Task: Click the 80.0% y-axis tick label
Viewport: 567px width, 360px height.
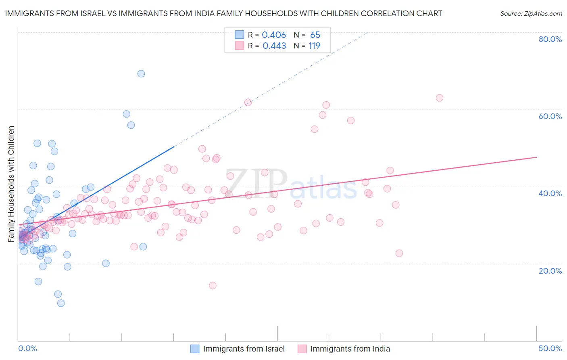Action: click(550, 39)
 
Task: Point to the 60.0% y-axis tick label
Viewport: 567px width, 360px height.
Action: click(550, 116)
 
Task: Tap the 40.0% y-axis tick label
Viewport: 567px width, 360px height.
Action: click(550, 193)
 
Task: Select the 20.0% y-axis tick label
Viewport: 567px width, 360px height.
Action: click(550, 270)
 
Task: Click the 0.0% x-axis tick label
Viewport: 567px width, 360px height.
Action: click(27, 348)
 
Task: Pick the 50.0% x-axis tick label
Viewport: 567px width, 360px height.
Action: click(550, 348)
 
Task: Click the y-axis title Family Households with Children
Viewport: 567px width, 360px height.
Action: click(11, 184)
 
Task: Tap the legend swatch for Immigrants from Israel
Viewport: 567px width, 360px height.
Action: click(195, 349)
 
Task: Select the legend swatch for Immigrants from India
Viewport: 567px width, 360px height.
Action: click(302, 349)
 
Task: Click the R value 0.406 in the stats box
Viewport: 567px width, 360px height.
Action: click(274, 35)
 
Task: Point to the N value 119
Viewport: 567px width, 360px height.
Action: click(315, 46)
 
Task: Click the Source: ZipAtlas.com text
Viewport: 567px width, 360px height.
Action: click(531, 14)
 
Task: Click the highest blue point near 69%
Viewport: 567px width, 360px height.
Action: click(141, 73)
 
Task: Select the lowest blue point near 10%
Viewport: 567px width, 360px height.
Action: click(61, 303)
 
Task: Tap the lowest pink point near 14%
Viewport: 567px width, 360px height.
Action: click(213, 285)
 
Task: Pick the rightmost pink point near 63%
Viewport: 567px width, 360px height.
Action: click(440, 98)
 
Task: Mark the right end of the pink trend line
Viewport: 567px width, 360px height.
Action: click(536, 157)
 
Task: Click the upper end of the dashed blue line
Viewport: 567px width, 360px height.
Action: click(367, 32)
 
